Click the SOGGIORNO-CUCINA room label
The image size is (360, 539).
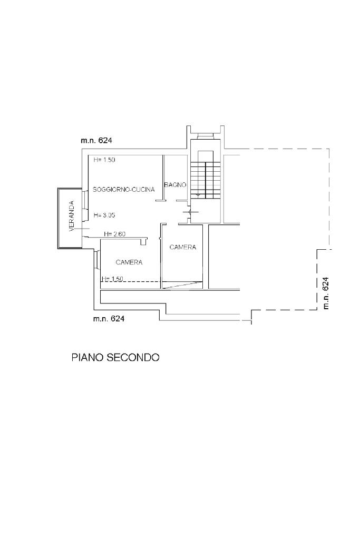coord(123,190)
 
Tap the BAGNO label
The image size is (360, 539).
coord(175,184)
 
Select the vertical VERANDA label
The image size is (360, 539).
coord(72,216)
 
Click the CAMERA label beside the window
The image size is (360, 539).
coord(129,262)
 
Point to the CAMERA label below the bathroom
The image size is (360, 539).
coord(182,247)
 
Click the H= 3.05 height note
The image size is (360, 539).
coord(104,215)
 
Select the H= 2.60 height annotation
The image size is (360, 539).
coord(114,234)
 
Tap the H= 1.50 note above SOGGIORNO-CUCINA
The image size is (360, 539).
coord(104,160)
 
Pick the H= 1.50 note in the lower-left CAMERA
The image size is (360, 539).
coord(112,279)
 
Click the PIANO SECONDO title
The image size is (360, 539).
coord(115,357)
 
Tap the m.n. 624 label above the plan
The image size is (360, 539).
coord(96,141)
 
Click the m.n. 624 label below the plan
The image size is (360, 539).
coord(109,319)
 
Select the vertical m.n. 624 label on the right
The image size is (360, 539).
coord(326,293)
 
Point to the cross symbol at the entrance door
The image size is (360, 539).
coord(187,212)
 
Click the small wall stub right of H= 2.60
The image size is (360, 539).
coord(143,241)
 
